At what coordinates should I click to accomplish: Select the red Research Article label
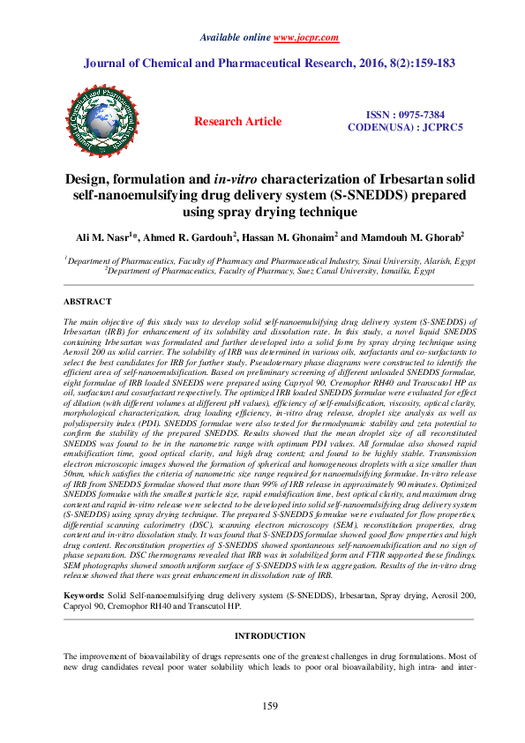[x=238, y=122]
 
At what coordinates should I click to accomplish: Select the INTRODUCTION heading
[x=262, y=635]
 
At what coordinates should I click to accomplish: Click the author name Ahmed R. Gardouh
[x=185, y=236]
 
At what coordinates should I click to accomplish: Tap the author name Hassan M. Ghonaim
[x=283, y=236]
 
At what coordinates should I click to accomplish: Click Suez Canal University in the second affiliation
[x=326, y=272]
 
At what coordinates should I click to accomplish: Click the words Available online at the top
[x=236, y=38]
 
